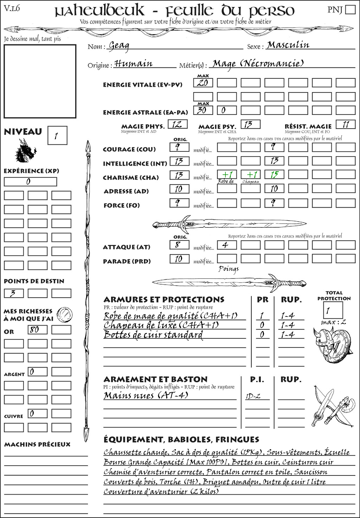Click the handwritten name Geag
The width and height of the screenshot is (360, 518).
point(119,45)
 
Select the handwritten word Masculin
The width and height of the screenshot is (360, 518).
point(288,45)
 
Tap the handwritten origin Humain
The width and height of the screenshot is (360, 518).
point(133,64)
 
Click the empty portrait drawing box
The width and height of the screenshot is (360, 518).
point(40,81)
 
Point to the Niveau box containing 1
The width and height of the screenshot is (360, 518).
point(57,136)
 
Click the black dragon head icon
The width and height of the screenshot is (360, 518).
point(25,151)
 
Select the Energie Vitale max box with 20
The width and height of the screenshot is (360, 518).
point(203,83)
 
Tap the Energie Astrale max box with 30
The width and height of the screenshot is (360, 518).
point(203,110)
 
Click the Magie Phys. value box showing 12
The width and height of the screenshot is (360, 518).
point(178,124)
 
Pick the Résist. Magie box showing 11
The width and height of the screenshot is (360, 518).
point(346,124)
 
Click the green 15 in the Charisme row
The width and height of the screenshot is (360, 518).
point(274,175)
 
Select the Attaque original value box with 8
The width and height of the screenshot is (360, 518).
point(179,245)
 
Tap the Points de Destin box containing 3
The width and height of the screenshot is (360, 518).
point(14,293)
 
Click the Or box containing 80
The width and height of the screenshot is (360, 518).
point(37,330)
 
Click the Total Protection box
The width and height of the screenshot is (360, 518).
point(333,310)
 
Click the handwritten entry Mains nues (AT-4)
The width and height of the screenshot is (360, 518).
point(146,395)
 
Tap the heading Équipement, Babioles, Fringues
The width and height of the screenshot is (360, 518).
point(181,439)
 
